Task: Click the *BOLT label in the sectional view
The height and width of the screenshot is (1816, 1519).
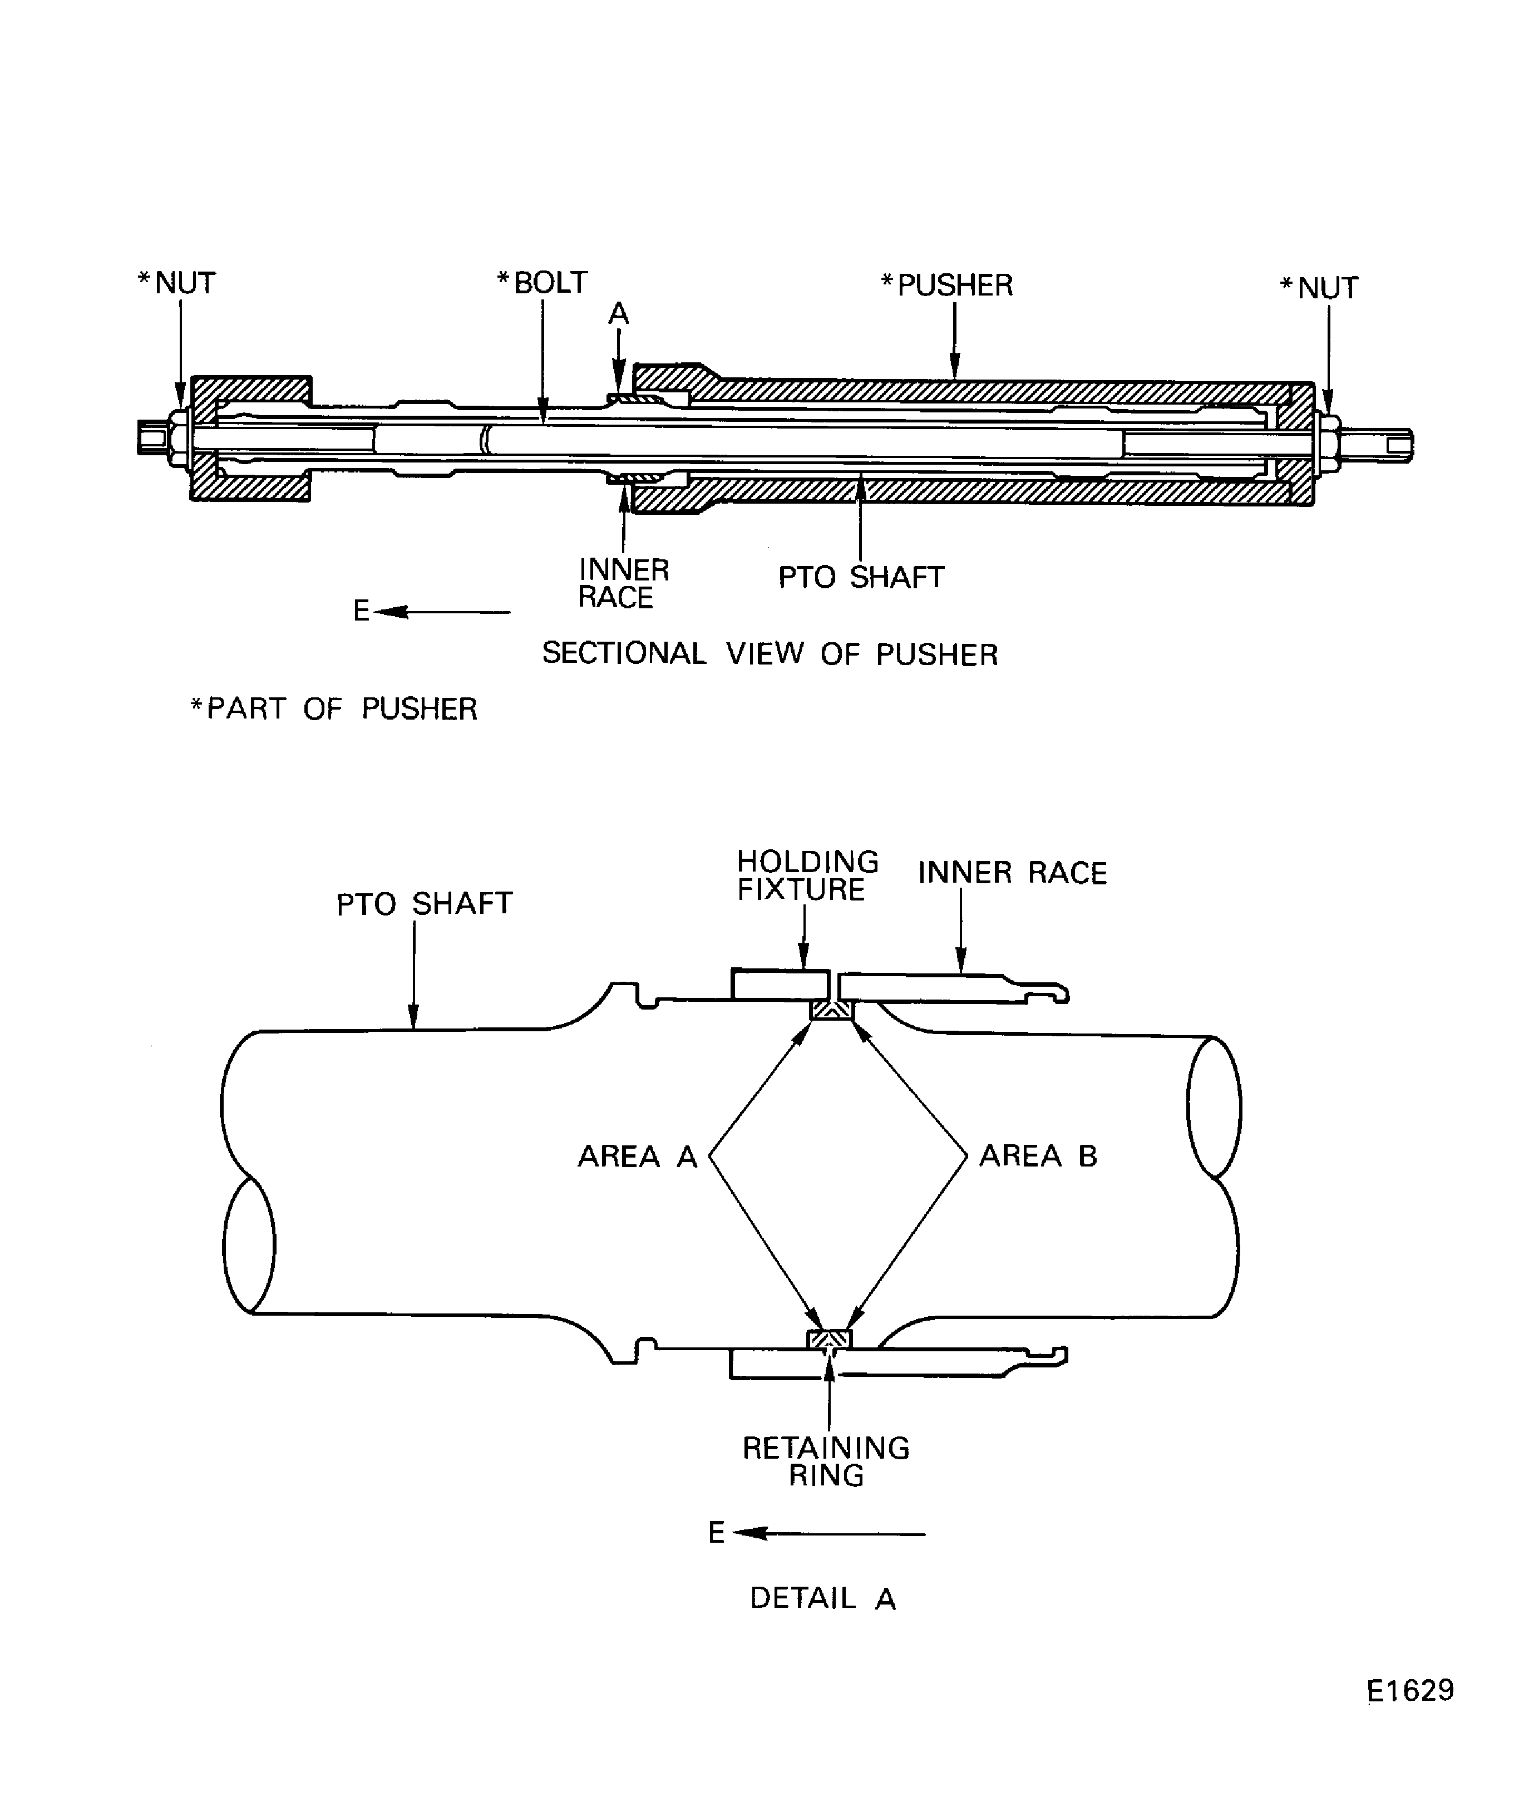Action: click(x=542, y=283)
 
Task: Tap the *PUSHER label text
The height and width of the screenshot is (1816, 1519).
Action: click(x=946, y=286)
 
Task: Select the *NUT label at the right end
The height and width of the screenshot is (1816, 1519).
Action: click(x=1319, y=288)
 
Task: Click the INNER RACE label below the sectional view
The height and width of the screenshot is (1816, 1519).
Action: click(x=623, y=584)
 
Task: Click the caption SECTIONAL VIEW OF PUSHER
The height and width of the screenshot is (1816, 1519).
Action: click(x=770, y=654)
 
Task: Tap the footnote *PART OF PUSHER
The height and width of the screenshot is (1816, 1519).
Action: click(x=334, y=709)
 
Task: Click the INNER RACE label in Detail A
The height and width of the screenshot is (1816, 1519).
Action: click(x=1012, y=873)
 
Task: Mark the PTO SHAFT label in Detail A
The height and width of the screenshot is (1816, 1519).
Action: click(x=425, y=904)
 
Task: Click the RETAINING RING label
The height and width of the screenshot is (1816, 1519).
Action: click(x=826, y=1461)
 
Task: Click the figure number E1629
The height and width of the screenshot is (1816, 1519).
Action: click(x=1411, y=1691)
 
